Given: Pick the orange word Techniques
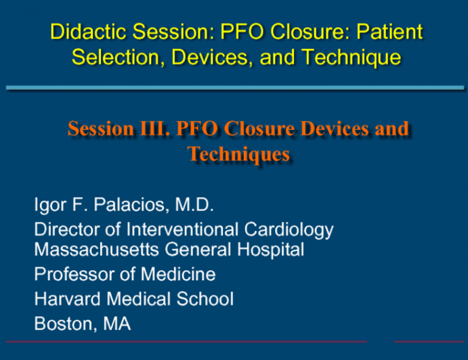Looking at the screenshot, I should tap(239, 154).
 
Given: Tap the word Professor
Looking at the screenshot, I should tap(74, 274).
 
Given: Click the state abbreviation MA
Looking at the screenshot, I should tap(116, 323).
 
